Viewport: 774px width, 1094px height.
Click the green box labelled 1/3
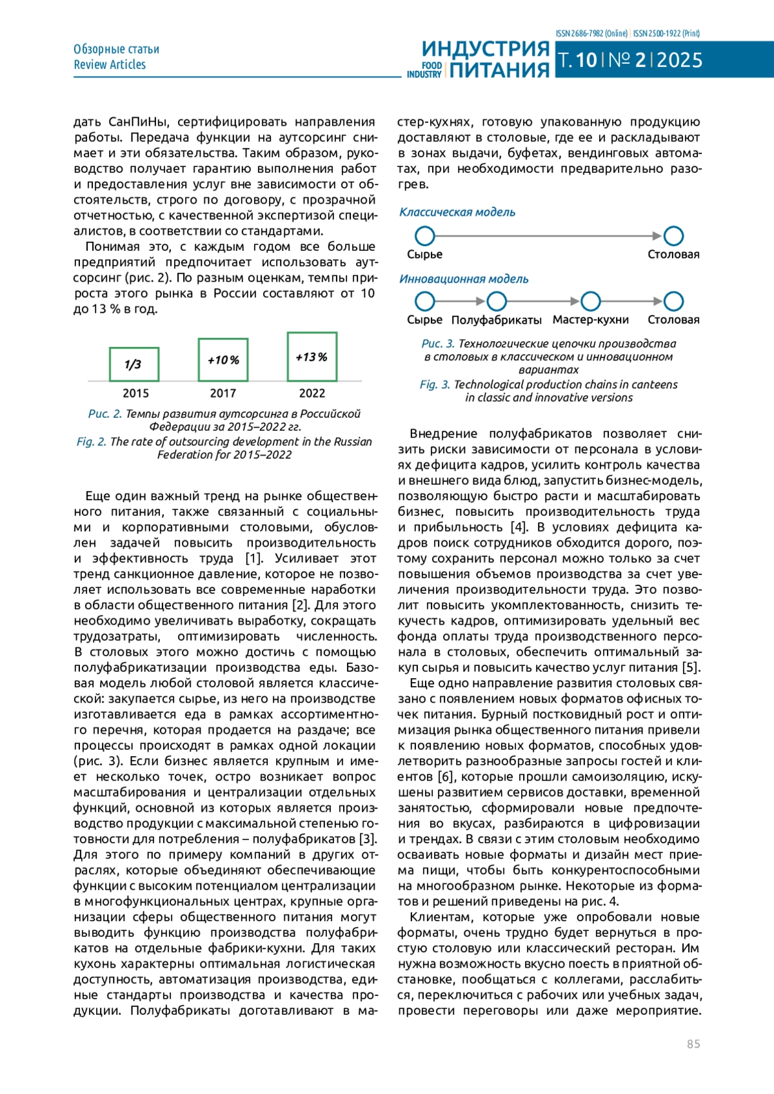pyautogui.click(x=134, y=364)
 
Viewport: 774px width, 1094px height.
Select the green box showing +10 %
pyautogui.click(x=223, y=360)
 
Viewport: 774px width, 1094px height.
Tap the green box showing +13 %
pyautogui.click(x=312, y=357)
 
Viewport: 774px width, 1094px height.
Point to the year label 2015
pyautogui.click(x=135, y=393)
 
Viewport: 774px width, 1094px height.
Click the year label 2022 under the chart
pyautogui.click(x=312, y=393)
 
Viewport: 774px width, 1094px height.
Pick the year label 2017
pyautogui.click(x=223, y=393)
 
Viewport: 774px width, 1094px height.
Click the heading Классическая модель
pyautogui.click(x=457, y=212)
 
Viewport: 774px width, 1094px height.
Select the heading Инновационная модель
pyautogui.click(x=464, y=279)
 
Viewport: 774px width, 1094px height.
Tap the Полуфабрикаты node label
pyautogui.click(x=497, y=320)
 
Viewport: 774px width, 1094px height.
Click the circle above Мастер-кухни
pyautogui.click(x=591, y=301)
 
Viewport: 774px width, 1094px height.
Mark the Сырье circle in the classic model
pyautogui.click(x=425, y=236)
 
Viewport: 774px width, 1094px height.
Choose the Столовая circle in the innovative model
pyautogui.click(x=673, y=301)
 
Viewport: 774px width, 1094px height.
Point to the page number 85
pyautogui.click(x=693, y=1044)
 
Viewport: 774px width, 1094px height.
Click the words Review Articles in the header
pyautogui.click(x=110, y=64)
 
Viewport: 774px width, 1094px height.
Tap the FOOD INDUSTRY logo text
pyautogui.click(x=424, y=70)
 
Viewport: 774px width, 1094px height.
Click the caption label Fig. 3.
pyautogui.click(x=435, y=384)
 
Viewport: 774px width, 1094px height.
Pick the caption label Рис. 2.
pyautogui.click(x=105, y=414)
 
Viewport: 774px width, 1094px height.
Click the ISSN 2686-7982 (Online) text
pyautogui.click(x=591, y=34)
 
